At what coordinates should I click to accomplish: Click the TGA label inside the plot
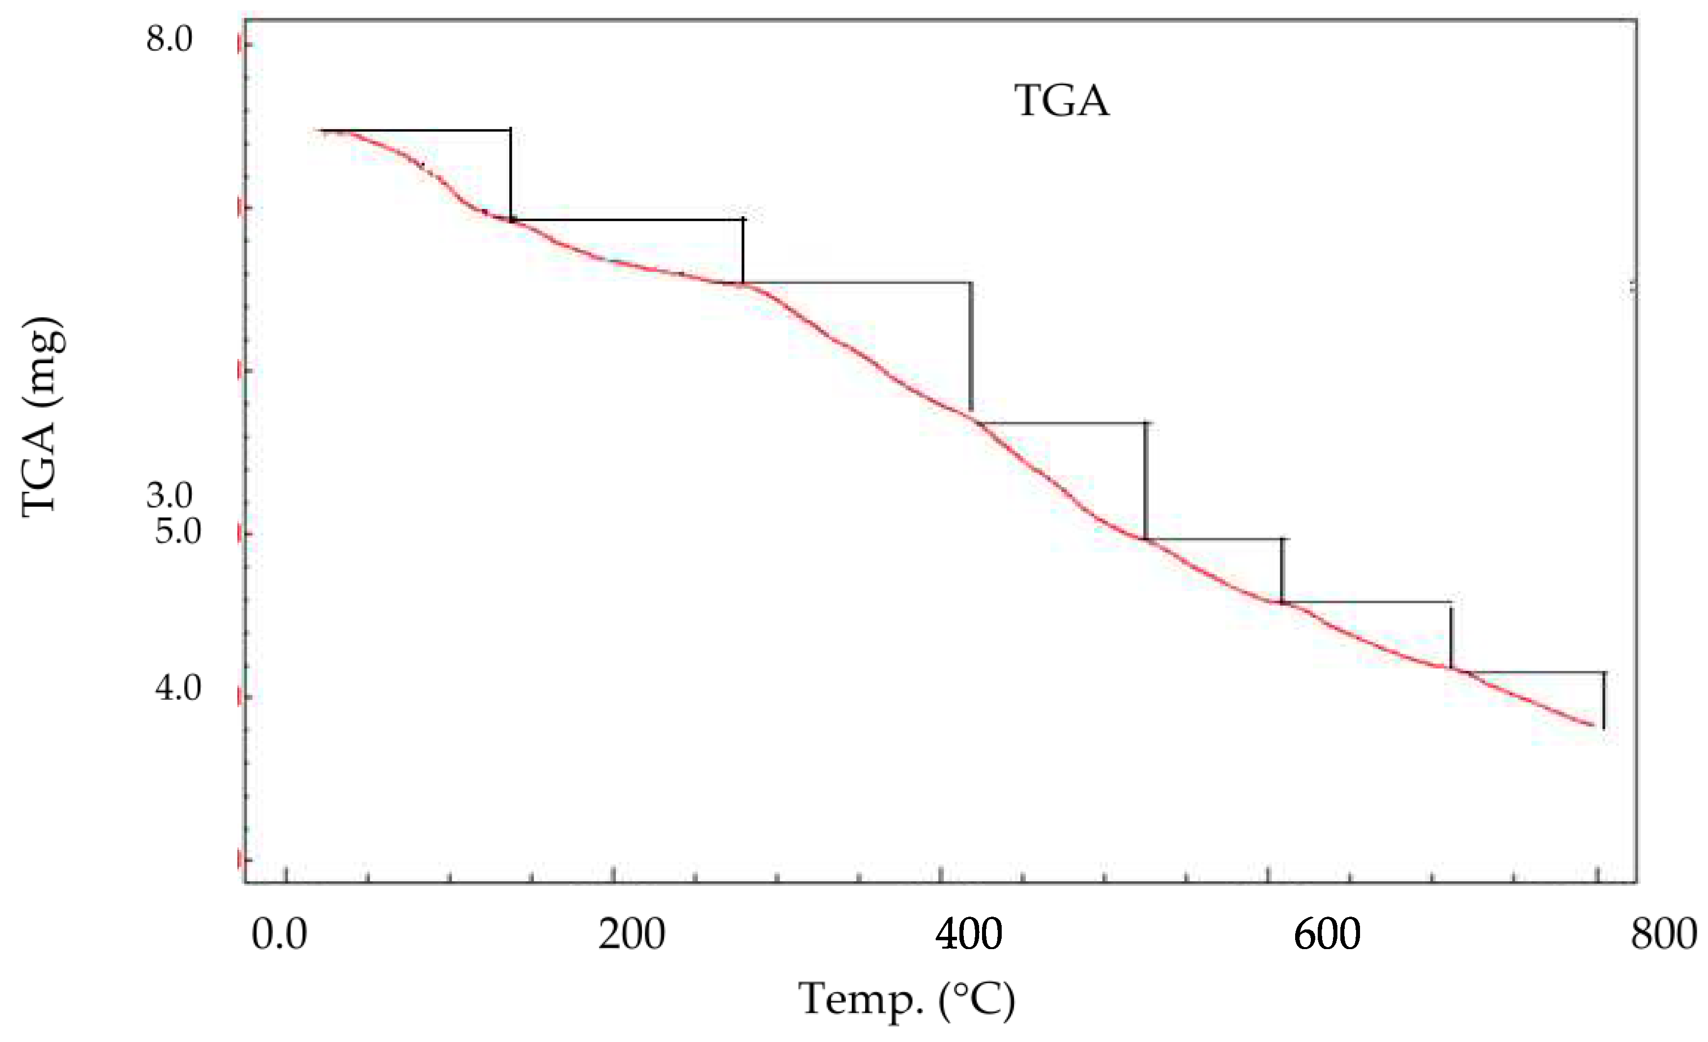click(x=1062, y=101)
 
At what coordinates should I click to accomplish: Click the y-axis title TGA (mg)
click(x=43, y=418)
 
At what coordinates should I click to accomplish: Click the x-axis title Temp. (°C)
click(x=907, y=999)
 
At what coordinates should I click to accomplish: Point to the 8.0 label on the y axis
click(x=169, y=40)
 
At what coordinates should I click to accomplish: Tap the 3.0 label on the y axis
click(x=169, y=496)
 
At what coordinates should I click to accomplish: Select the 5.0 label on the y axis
click(x=177, y=532)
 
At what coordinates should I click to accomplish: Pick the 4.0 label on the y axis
click(x=177, y=689)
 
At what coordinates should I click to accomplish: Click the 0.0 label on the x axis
click(x=279, y=934)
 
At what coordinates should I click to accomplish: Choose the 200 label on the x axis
click(x=632, y=934)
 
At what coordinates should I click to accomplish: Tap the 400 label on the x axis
click(x=968, y=934)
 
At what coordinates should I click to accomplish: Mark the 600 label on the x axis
click(x=1327, y=934)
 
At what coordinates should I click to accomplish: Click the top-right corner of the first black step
click(x=511, y=130)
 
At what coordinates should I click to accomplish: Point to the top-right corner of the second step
click(x=743, y=220)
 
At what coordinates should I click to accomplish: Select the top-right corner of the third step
click(x=970, y=283)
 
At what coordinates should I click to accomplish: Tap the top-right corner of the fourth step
click(x=1145, y=422)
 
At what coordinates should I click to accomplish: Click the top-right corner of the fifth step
click(x=1282, y=539)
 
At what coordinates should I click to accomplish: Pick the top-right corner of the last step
click(x=1603, y=672)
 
